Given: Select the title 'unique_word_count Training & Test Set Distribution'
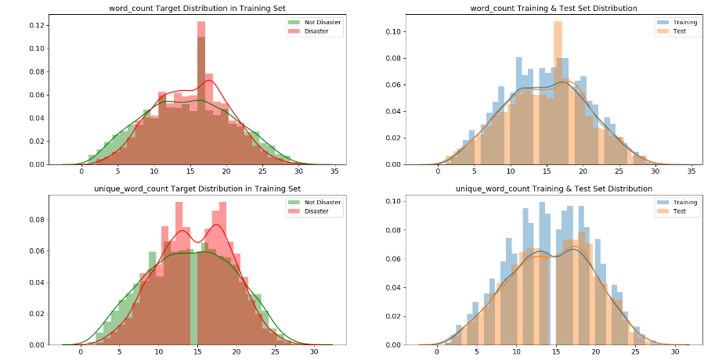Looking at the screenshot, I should pyautogui.click(x=554, y=189).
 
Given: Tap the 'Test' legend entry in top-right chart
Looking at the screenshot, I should pyautogui.click(x=673, y=31).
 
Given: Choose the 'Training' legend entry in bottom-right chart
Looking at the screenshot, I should pyautogui.click(x=679, y=203).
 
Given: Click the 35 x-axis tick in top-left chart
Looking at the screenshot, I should pyautogui.click(x=334, y=171).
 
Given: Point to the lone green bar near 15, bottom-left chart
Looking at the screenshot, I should pyautogui.click(x=193, y=297).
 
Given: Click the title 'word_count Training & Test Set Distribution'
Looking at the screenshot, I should pyautogui.click(x=554, y=8).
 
